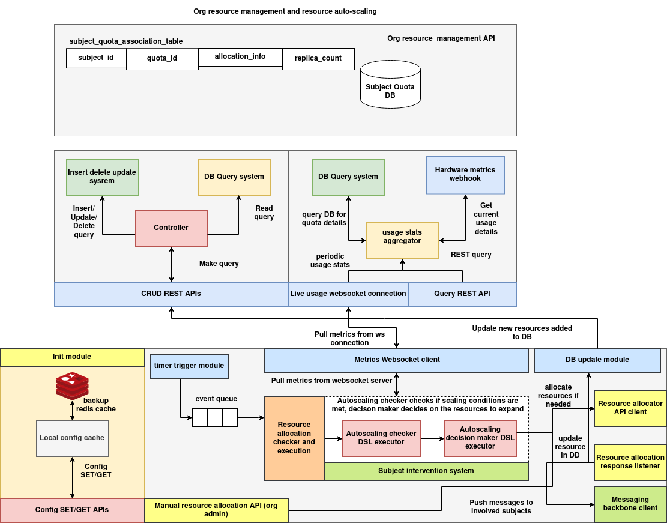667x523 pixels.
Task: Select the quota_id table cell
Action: (162, 59)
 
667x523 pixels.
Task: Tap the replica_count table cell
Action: (318, 59)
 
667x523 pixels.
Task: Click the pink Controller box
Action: (171, 228)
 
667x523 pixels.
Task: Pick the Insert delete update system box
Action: (102, 177)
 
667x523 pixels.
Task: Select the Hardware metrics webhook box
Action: (465, 175)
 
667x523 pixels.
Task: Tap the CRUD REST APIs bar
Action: (171, 294)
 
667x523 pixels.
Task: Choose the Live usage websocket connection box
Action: (348, 294)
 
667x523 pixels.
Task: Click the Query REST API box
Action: (462, 294)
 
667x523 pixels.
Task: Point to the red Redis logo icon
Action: (72, 385)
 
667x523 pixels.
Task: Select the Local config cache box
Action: (72, 438)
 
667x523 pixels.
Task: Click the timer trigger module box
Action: (189, 366)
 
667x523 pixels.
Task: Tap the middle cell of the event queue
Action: (215, 417)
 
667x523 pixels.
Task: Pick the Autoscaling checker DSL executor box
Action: (381, 438)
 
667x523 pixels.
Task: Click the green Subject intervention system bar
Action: (426, 471)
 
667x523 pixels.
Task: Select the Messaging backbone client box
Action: (630, 504)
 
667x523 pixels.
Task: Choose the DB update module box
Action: (597, 360)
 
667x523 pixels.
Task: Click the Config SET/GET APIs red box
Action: (72, 510)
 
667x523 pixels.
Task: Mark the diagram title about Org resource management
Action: (285, 11)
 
